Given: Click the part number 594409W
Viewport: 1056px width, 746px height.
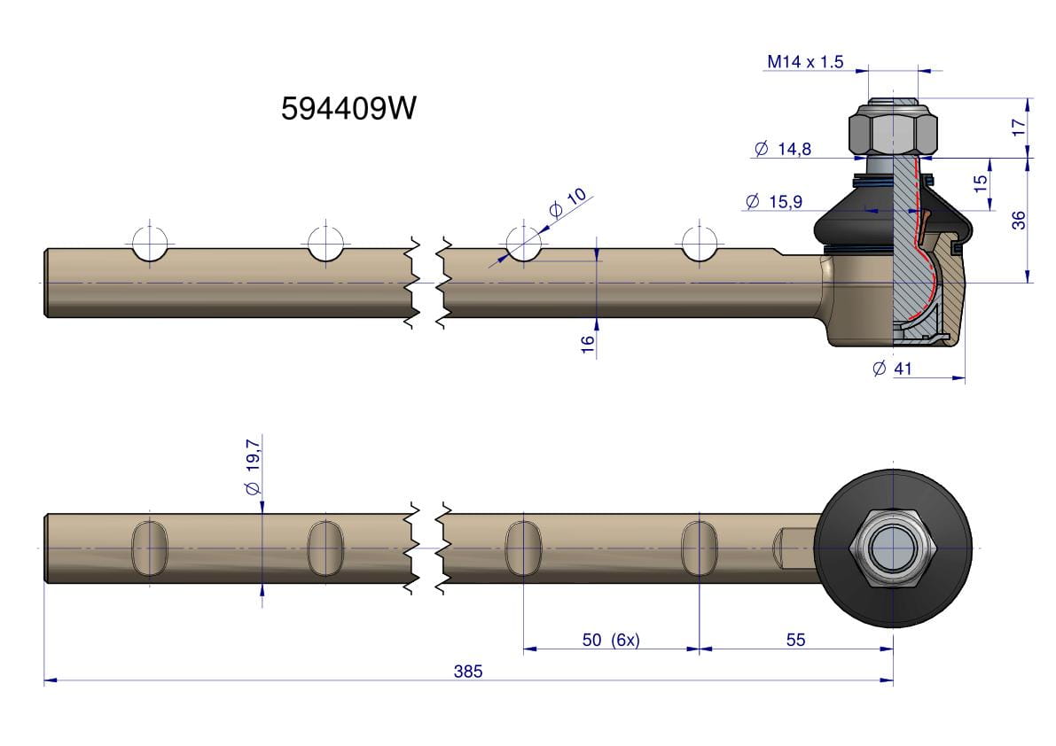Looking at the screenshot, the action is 348,108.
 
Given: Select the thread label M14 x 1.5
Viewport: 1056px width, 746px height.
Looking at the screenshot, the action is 805,62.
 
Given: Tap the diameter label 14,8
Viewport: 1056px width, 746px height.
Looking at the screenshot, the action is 783,149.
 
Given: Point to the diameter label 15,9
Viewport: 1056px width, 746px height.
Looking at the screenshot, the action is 775,201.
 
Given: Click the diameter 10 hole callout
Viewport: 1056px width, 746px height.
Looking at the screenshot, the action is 567,203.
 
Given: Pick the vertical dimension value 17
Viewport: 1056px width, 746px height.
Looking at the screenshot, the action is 1018,127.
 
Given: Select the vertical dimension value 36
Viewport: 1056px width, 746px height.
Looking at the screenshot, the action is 1018,220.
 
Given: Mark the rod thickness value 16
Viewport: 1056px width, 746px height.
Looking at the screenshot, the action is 587,345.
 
